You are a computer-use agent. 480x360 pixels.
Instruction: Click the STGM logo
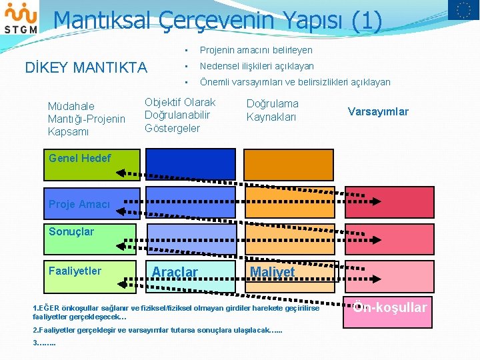pyautogui.click(x=20, y=18)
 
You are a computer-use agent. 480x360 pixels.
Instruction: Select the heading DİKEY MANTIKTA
pyautogui.click(x=86, y=67)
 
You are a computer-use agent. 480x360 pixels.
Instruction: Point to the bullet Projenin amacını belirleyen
pyautogui.click(x=256, y=50)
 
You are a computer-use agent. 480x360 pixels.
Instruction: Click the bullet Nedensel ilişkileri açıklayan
pyautogui.click(x=257, y=66)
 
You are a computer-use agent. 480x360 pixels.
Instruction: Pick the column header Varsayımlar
pyautogui.click(x=378, y=111)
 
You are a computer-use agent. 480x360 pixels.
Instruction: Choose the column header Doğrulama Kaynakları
pyautogui.click(x=273, y=110)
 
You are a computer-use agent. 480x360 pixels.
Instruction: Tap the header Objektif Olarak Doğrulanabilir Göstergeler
pyautogui.click(x=180, y=115)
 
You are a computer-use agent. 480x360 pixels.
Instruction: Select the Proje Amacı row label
pyautogui.click(x=79, y=205)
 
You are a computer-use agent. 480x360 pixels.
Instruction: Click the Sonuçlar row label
pyautogui.click(x=71, y=231)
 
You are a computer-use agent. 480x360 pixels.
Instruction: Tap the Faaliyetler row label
pyautogui.click(x=75, y=270)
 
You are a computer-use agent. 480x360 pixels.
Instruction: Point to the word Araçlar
pyautogui.click(x=175, y=272)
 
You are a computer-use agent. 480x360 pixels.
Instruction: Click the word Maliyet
pyautogui.click(x=272, y=272)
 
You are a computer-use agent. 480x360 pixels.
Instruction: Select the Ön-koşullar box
pyautogui.click(x=389, y=307)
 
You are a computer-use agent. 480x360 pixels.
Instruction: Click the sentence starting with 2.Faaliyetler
pyautogui.click(x=157, y=330)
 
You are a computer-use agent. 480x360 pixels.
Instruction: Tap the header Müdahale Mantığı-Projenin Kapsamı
pyautogui.click(x=86, y=119)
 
